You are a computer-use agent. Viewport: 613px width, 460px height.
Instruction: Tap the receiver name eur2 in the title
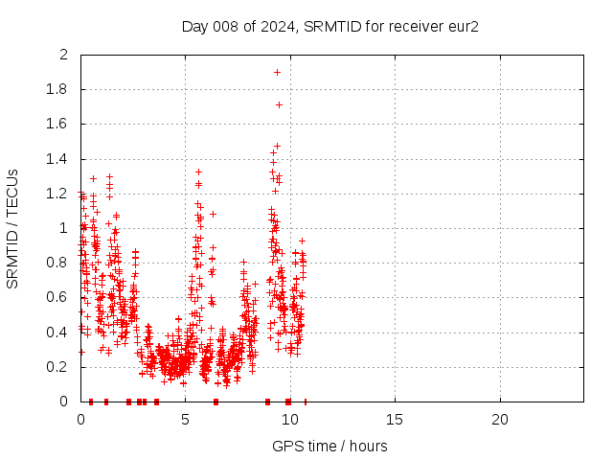tap(462, 26)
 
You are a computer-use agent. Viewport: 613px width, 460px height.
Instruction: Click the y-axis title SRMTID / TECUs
tap(12, 228)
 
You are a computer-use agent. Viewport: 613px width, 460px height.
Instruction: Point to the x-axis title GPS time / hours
tap(329, 446)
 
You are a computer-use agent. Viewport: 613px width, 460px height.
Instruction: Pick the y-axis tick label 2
tap(64, 56)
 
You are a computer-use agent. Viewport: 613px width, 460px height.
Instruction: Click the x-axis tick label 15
tap(395, 420)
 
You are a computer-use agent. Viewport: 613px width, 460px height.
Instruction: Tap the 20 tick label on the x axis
tap(499, 420)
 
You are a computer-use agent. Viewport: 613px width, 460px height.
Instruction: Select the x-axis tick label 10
tap(290, 420)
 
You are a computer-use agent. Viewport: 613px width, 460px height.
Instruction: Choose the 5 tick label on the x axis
tap(185, 420)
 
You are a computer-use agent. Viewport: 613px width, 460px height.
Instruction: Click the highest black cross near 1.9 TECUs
tap(277, 72)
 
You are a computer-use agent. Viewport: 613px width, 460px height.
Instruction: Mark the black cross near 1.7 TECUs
tap(279, 104)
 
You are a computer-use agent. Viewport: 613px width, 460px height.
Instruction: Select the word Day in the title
tap(194, 26)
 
